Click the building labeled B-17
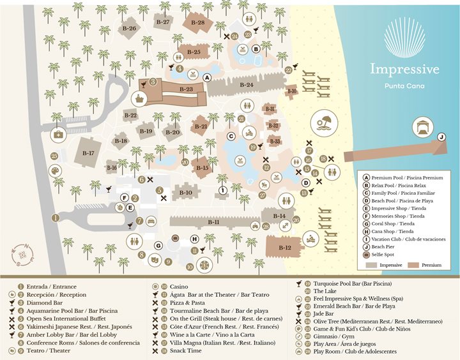point(88,153)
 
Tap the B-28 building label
point(200,22)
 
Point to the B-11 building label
point(213,222)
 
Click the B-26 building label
point(129,29)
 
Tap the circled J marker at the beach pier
point(441,137)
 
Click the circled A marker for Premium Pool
point(206,77)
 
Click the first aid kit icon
point(58,133)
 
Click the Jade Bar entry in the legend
point(325,313)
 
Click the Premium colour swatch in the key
point(420,264)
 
